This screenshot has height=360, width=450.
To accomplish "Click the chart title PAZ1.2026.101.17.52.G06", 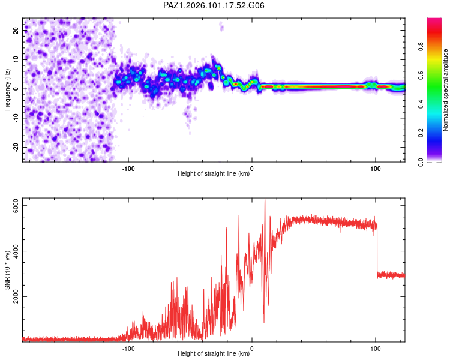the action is point(214,5).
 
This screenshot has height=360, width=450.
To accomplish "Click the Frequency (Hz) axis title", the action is point(7,89).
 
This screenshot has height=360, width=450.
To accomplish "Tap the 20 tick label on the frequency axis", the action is point(16,30).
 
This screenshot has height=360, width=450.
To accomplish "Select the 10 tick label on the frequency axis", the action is point(16,59).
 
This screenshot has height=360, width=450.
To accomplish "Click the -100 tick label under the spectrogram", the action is point(128,169).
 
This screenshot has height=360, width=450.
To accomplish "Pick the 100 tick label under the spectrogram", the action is point(376,169).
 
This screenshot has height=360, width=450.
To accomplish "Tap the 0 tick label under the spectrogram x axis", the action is point(252,169).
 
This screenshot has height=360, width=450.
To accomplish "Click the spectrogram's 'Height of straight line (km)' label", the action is point(214,173).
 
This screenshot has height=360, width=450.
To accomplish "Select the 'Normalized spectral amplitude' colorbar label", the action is point(445,90).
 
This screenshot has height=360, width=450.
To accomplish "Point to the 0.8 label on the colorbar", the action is point(421,46).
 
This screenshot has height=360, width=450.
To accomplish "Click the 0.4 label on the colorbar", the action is point(421,104).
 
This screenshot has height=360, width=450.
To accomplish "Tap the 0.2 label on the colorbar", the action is point(421,133).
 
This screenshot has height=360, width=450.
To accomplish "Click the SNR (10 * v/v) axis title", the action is point(7,270).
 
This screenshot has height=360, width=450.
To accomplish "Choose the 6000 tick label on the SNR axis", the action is point(16,206).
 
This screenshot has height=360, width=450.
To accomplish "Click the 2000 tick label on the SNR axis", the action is point(16,296).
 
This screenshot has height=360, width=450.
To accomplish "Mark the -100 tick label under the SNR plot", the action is point(128,349).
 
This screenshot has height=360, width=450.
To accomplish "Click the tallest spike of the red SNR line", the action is point(265,199).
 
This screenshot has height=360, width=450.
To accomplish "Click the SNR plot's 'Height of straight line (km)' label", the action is point(214,353).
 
